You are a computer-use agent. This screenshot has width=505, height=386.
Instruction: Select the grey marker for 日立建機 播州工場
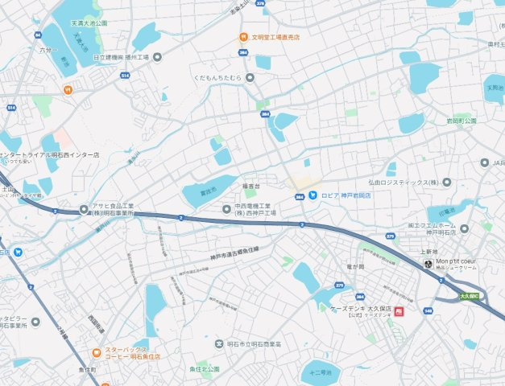click(157, 57)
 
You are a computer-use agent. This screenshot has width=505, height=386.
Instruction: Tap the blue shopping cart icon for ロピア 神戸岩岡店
click(313, 195)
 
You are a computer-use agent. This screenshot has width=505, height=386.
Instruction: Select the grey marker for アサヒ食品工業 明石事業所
click(84, 210)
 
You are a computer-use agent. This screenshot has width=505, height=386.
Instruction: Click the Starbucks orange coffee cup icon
click(96, 351)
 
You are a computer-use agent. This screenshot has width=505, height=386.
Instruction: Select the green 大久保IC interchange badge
click(470, 296)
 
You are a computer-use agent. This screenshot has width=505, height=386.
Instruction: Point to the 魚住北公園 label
click(205, 368)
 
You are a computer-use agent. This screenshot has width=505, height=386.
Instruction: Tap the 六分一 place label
click(49, 49)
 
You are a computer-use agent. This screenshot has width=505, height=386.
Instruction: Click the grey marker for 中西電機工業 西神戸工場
click(226, 210)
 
